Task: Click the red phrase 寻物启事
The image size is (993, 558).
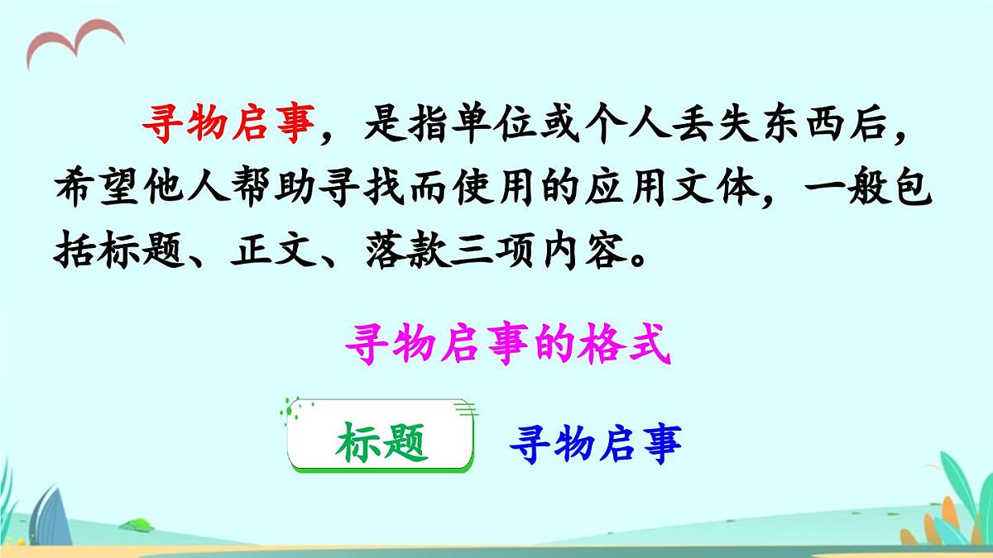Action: point(228,128)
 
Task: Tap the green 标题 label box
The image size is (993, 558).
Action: point(381,445)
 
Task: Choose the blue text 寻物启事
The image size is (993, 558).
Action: point(595,445)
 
